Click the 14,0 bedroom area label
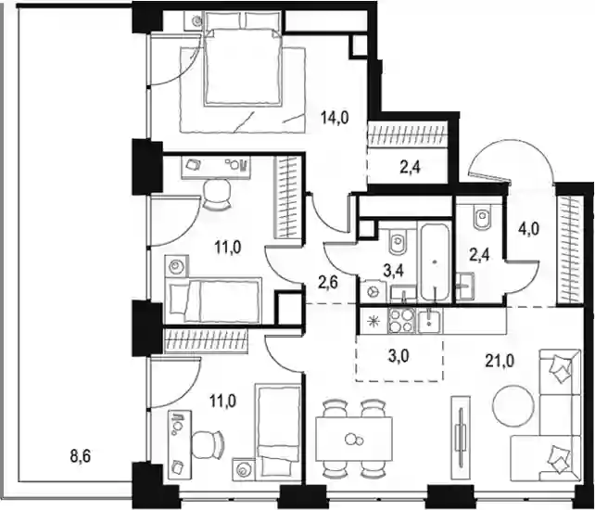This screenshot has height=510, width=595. point(335,118)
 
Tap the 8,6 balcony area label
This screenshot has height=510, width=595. point(81,455)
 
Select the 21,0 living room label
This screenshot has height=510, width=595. point(500,361)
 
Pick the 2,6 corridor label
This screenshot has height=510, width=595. point(328,284)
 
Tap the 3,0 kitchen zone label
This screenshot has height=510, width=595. point(399,357)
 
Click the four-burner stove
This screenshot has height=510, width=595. point(402,321)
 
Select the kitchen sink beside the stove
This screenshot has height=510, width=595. point(429,321)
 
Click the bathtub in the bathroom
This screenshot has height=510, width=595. point(434,262)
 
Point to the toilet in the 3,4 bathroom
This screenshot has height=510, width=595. point(399,242)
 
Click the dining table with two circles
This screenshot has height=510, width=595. point(354,439)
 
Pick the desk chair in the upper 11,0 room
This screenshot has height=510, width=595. point(217,195)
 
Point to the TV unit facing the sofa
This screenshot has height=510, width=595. point(461,437)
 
